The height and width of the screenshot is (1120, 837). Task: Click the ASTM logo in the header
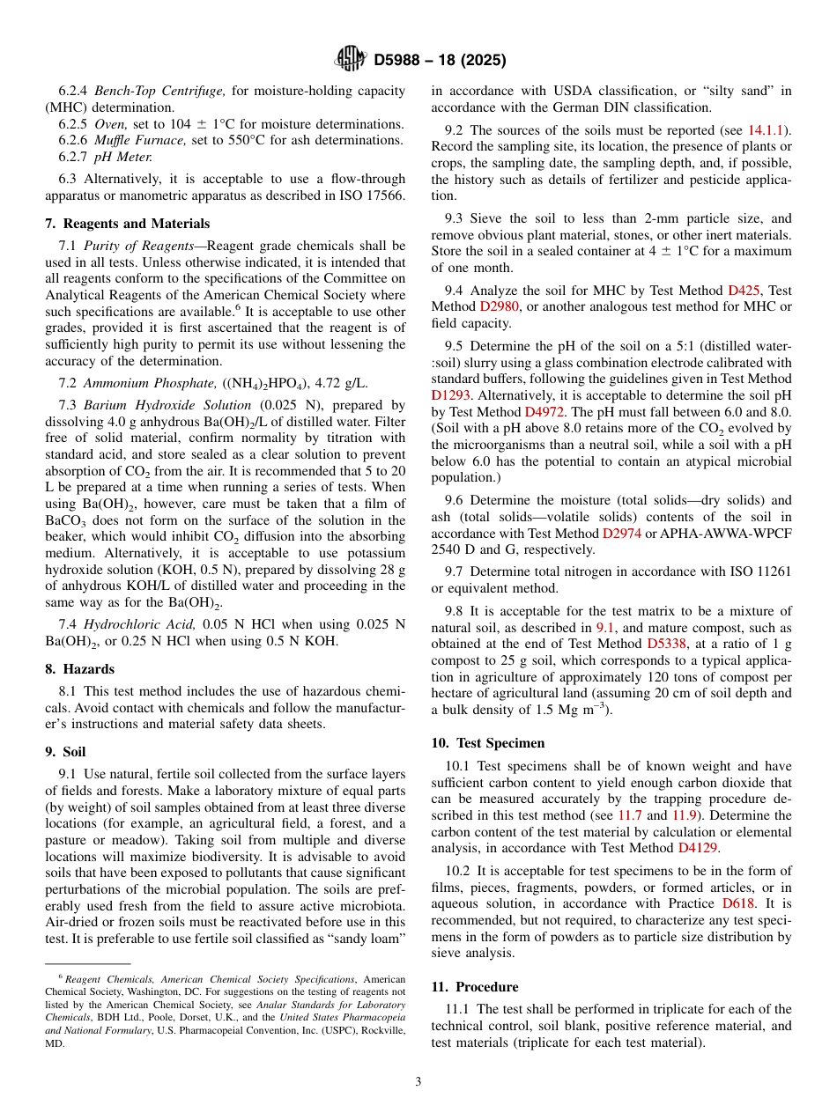tap(351, 60)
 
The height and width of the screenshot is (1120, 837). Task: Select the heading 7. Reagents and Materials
tap(127, 224)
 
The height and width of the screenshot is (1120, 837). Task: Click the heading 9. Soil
tap(65, 752)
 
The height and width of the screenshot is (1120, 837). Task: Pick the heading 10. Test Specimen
tap(488, 743)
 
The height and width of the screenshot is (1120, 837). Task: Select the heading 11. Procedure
tap(475, 987)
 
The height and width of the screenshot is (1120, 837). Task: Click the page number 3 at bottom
tap(418, 1082)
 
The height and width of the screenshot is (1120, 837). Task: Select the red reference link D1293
tap(451, 395)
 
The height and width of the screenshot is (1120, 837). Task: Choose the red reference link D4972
tap(544, 412)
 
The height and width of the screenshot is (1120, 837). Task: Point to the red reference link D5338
tap(667, 644)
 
